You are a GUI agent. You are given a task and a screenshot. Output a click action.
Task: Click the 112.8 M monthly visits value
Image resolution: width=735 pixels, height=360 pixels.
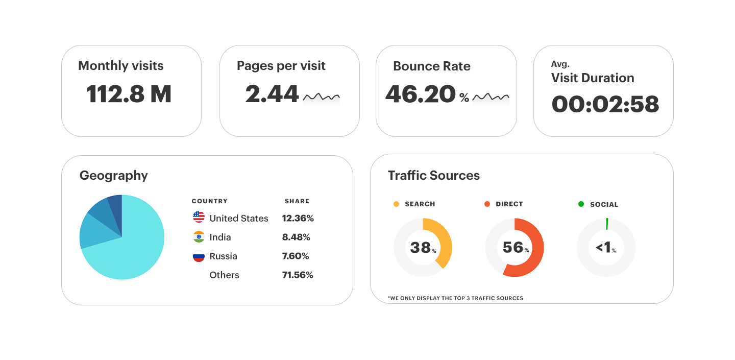pyautogui.click(x=129, y=94)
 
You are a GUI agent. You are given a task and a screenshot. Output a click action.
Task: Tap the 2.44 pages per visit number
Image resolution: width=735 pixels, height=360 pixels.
pyautogui.click(x=272, y=94)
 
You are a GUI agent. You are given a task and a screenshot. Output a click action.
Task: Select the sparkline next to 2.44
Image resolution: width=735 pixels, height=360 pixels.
pyautogui.click(x=321, y=97)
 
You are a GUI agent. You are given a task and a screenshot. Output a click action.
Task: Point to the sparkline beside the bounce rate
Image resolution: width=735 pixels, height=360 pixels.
pyautogui.click(x=491, y=97)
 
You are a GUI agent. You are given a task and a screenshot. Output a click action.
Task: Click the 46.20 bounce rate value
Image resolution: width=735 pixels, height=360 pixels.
pyautogui.click(x=420, y=94)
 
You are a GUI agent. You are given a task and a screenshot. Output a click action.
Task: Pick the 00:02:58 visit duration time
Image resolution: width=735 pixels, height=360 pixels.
pyautogui.click(x=605, y=104)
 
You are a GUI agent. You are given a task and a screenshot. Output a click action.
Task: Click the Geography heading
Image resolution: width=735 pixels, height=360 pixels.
pyautogui.click(x=113, y=176)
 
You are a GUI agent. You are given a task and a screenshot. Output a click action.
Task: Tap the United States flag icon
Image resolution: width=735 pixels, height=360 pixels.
pyautogui.click(x=199, y=218)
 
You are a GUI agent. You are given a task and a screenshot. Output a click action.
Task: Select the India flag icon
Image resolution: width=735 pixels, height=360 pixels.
pyautogui.click(x=199, y=237)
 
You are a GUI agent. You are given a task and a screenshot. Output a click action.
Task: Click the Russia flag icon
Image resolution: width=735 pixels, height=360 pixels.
pyautogui.click(x=199, y=256)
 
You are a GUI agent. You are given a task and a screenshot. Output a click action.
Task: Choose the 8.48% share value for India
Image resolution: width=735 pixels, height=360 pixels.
pyautogui.click(x=296, y=237)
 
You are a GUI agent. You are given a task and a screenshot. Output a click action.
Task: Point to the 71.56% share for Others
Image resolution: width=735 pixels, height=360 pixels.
pyautogui.click(x=298, y=275)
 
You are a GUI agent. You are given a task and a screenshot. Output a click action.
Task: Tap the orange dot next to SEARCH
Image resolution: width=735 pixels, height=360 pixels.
pyautogui.click(x=396, y=204)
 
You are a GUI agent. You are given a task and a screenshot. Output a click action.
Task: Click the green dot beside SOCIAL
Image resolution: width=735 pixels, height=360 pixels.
pyautogui.click(x=581, y=204)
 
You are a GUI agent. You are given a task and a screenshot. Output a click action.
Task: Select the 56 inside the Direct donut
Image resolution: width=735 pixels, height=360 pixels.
pyautogui.click(x=513, y=248)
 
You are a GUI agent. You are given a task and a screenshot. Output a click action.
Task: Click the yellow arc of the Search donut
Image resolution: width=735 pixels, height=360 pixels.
pyautogui.click(x=444, y=240)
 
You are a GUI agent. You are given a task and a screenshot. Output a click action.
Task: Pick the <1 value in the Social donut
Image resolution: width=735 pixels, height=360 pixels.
pyautogui.click(x=604, y=248)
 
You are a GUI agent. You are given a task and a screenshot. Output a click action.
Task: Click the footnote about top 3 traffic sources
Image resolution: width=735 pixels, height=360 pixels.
pyautogui.click(x=455, y=298)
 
